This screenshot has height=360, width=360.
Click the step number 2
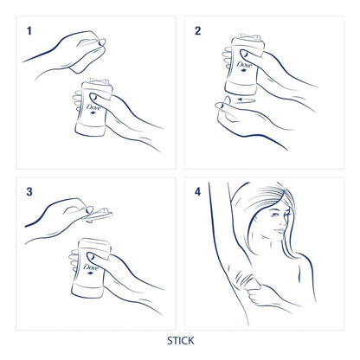[x=197, y=31]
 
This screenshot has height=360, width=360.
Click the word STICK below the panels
[x=180, y=340]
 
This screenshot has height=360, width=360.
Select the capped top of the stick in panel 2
[x=235, y=39]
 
